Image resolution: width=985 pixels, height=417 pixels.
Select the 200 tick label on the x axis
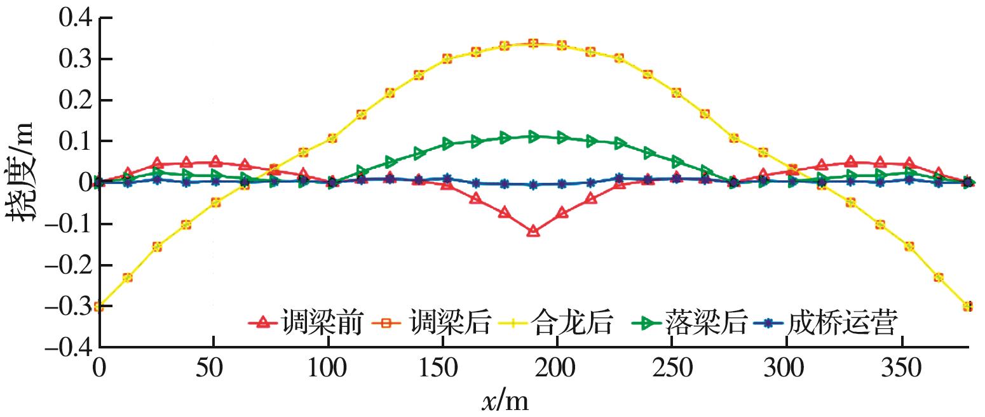point(557,368)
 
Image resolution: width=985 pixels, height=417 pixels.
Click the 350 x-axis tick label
point(902,368)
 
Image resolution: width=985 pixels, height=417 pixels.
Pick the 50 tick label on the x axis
point(214,368)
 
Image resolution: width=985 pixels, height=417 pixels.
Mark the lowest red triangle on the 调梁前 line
point(533,231)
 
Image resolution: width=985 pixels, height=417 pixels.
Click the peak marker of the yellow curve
point(533,43)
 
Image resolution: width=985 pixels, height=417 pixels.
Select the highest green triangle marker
point(533,136)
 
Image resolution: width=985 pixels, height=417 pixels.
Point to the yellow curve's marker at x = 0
point(98,307)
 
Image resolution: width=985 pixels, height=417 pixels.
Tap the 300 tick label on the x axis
point(787,368)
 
